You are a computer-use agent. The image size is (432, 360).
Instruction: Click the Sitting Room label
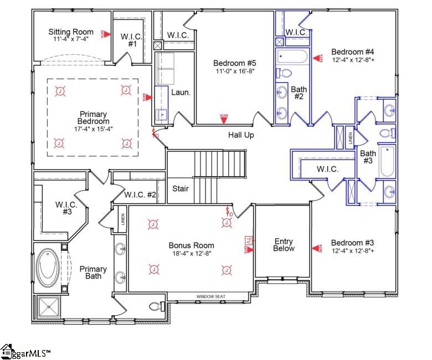pos(71,32)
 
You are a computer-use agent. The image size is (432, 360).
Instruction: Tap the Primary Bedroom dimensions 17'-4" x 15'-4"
pos(94,129)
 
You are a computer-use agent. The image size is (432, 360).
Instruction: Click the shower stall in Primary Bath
pos(49,308)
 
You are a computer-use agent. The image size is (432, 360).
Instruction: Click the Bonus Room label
pos(191,245)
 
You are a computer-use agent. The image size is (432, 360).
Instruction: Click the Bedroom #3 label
pos(353,243)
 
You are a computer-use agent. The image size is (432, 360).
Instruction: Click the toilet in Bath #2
pos(285,73)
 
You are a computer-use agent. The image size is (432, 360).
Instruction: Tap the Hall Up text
pos(241,135)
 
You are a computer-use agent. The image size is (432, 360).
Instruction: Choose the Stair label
pos(181,188)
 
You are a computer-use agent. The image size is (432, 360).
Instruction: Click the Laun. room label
pos(181,92)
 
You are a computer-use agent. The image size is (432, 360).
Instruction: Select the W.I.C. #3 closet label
pos(70,208)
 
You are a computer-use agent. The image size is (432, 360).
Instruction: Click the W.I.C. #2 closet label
pos(140,194)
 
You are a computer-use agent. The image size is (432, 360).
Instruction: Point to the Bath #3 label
pos(368,157)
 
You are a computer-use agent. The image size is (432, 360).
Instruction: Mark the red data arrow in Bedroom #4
pos(318,58)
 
